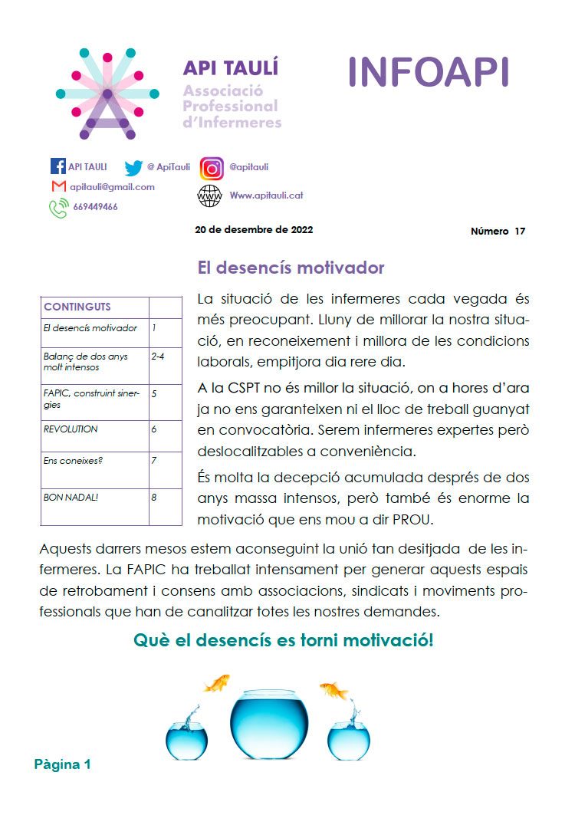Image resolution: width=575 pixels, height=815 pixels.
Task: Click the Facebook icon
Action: tap(58, 166)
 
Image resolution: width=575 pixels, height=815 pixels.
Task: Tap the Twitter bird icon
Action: tap(133, 167)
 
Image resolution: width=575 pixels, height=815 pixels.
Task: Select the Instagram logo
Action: tap(212, 168)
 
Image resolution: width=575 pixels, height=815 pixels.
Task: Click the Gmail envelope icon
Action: tap(58, 186)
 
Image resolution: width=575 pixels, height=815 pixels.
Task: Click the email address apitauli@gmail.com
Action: tap(112, 187)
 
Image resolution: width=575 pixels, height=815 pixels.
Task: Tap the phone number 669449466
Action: tap(95, 207)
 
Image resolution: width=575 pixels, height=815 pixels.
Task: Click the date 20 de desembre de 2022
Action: tap(254, 229)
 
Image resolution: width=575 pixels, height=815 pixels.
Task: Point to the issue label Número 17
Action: tap(498, 232)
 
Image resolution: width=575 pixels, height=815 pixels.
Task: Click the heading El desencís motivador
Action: tap(291, 268)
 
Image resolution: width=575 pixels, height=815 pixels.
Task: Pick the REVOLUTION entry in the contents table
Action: tap(71, 429)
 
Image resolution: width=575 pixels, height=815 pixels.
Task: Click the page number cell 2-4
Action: tap(159, 357)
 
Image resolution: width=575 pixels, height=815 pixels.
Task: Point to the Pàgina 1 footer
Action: tap(62, 764)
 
